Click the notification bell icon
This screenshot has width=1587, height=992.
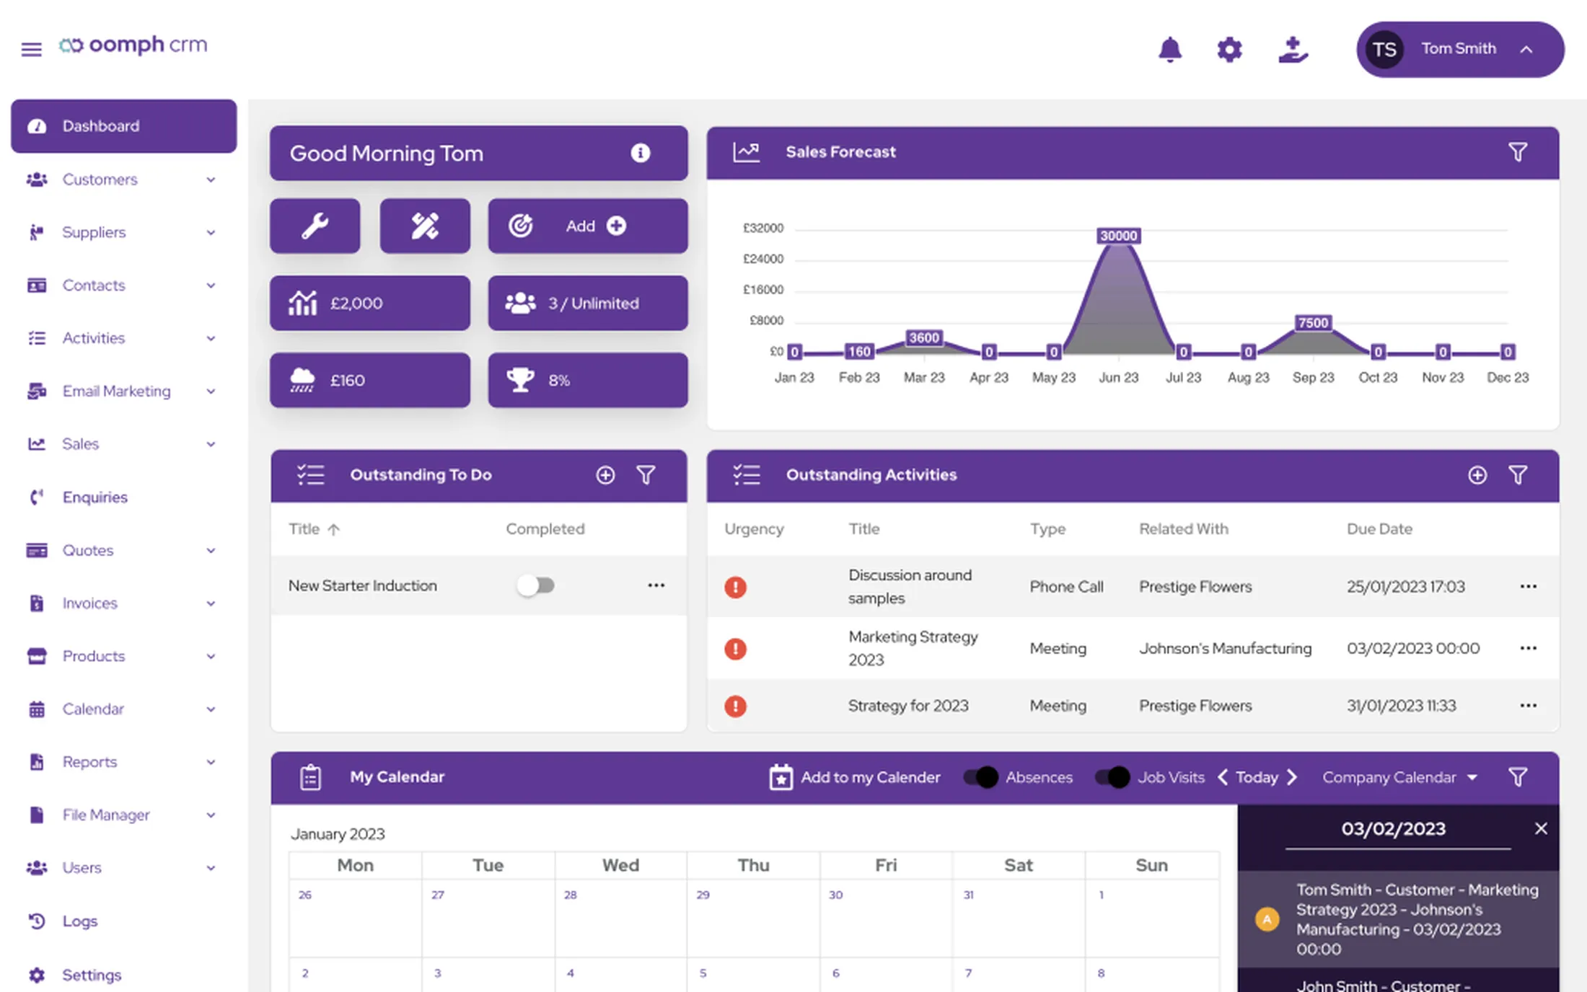point(1169,49)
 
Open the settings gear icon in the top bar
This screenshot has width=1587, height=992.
point(1229,49)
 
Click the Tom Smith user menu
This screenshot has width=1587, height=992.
point(1460,49)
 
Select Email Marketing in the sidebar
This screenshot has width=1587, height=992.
point(116,391)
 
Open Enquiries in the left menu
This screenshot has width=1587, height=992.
point(94,497)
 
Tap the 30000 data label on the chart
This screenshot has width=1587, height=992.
point(1118,236)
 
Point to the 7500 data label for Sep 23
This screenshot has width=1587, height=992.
point(1313,323)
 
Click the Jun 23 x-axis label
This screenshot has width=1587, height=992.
point(1118,377)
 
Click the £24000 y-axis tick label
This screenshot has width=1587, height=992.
point(763,259)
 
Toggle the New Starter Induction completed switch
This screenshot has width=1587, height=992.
point(536,585)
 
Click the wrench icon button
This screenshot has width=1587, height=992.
point(315,226)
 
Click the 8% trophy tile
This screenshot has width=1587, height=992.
point(588,380)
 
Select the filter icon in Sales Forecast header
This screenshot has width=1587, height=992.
point(1518,152)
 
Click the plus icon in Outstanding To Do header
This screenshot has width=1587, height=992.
point(605,474)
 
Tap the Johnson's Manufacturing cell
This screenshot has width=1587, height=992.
point(1225,648)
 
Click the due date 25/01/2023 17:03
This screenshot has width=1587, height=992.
point(1405,586)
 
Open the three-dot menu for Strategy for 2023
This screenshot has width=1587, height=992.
point(1528,705)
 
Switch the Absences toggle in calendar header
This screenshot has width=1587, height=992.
point(981,777)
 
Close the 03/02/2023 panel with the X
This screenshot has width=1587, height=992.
point(1541,828)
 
